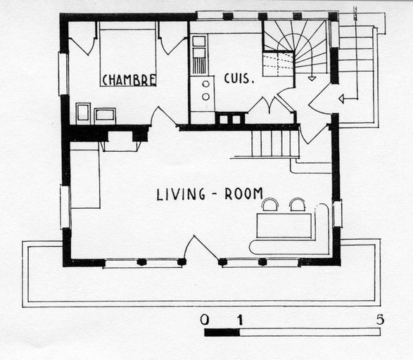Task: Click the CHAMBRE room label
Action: click(x=129, y=80)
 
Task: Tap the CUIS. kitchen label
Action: click(x=239, y=79)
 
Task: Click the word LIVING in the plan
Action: click(x=181, y=195)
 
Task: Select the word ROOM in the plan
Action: click(x=243, y=193)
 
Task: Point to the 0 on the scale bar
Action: click(x=205, y=320)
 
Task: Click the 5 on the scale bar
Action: click(x=380, y=319)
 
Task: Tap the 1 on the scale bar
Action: click(x=240, y=320)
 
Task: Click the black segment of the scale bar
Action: click(x=222, y=332)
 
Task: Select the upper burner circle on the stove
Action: click(x=205, y=84)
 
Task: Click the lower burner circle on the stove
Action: click(x=205, y=97)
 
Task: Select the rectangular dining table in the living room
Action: click(x=284, y=226)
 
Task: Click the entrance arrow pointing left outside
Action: click(x=348, y=99)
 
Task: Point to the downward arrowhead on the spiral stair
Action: click(x=312, y=78)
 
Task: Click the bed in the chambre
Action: click(x=128, y=58)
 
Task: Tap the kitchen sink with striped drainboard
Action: click(x=199, y=55)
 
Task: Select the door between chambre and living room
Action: click(x=164, y=116)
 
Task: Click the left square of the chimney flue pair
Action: click(x=223, y=120)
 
